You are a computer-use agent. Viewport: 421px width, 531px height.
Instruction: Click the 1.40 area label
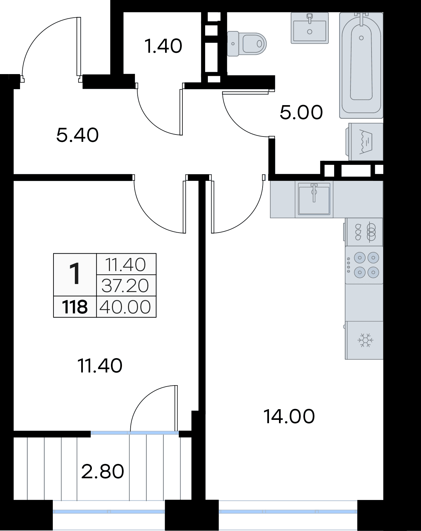(163, 46)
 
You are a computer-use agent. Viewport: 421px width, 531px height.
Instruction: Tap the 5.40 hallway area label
(78, 135)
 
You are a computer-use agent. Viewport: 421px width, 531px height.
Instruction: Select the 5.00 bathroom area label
(301, 112)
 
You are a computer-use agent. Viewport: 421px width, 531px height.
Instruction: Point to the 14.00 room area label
(289, 416)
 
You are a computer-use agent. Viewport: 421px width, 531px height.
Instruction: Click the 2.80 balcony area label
(103, 471)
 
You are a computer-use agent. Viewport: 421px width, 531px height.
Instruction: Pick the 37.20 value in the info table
(125, 285)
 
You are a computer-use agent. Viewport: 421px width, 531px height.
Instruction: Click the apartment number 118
(75, 307)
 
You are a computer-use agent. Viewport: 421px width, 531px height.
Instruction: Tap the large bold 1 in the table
(75, 274)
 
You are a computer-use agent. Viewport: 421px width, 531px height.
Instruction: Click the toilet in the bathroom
(247, 43)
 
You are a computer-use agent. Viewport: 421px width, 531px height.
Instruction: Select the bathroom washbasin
(310, 28)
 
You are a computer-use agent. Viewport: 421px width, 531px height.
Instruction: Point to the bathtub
(361, 65)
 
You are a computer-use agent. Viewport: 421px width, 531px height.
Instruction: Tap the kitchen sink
(314, 199)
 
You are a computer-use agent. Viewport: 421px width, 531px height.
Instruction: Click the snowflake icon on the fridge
(366, 340)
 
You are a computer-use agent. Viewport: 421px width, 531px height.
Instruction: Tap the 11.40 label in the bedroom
(100, 366)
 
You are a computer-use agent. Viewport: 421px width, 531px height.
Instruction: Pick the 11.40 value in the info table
(125, 265)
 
